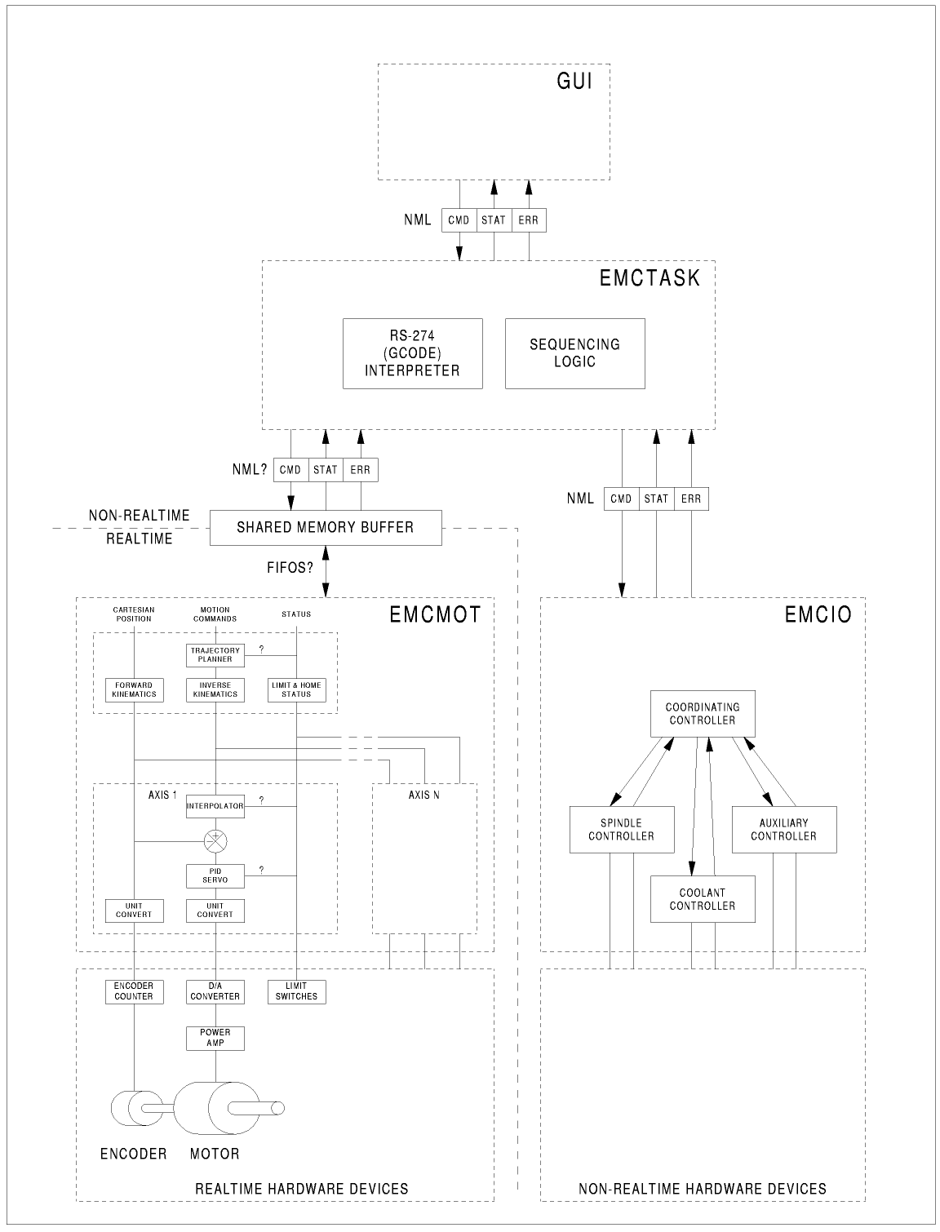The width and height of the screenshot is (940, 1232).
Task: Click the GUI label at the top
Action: point(574,81)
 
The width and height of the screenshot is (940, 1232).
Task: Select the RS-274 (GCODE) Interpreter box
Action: point(412,353)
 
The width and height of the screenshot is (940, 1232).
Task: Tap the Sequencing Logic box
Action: point(574,353)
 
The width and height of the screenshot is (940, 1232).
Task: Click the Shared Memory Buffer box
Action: point(326,528)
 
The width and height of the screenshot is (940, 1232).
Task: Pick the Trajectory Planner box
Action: point(215,655)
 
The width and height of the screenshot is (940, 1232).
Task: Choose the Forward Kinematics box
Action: point(134,689)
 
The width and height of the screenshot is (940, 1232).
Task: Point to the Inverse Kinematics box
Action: point(215,689)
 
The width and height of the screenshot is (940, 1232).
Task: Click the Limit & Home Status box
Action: point(296,689)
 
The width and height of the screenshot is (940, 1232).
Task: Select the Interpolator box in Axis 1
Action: point(215,806)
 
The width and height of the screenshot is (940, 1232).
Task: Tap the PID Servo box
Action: point(215,875)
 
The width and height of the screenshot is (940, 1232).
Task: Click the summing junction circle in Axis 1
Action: point(215,841)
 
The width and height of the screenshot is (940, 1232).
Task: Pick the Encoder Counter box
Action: point(134,991)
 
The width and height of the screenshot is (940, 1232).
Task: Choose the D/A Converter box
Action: point(215,991)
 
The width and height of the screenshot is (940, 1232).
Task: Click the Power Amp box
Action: point(215,1038)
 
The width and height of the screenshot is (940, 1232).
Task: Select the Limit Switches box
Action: point(296,991)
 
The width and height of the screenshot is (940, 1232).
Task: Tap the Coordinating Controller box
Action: point(703,714)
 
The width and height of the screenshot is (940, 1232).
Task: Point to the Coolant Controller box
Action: point(703,899)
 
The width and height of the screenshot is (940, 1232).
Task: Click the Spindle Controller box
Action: point(622,830)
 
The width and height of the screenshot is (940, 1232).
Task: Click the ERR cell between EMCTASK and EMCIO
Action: point(691,499)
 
